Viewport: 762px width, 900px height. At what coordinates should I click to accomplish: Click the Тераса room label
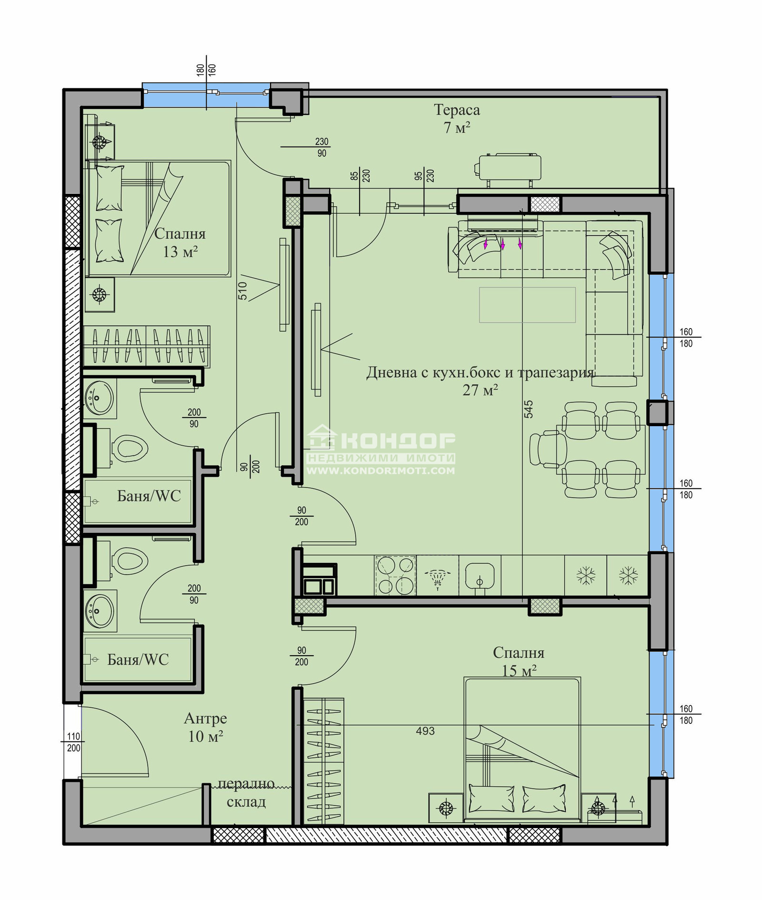[x=457, y=110]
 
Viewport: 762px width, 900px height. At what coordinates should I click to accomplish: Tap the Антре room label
[x=205, y=718]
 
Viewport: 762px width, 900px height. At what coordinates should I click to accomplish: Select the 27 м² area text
[x=480, y=390]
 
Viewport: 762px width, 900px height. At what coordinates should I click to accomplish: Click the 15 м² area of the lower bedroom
[x=519, y=670]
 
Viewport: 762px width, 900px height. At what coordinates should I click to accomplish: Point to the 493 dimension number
[x=425, y=730]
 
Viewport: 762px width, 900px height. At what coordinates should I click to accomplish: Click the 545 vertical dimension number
[x=529, y=410]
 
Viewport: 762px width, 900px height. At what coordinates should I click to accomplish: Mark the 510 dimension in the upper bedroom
[x=242, y=290]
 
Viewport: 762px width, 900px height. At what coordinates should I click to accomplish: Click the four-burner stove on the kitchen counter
[x=395, y=576]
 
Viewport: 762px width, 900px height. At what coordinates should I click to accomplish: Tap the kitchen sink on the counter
[x=480, y=576]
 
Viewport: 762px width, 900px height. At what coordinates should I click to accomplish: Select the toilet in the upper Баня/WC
[x=129, y=449]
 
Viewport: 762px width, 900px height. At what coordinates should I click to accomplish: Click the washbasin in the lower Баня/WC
[x=100, y=611]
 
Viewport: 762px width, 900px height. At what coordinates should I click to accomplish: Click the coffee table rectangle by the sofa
[x=527, y=305]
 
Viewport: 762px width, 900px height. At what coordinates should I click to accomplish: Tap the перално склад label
[x=246, y=793]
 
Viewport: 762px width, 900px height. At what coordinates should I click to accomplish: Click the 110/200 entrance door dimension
[x=73, y=742]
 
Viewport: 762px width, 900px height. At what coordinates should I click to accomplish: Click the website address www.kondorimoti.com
[x=381, y=470]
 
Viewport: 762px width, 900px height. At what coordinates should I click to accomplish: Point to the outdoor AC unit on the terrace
[x=509, y=167]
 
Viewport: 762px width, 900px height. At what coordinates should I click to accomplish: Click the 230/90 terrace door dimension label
[x=321, y=147]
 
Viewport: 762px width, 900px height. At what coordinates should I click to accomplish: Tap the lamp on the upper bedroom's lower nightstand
[x=99, y=295]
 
